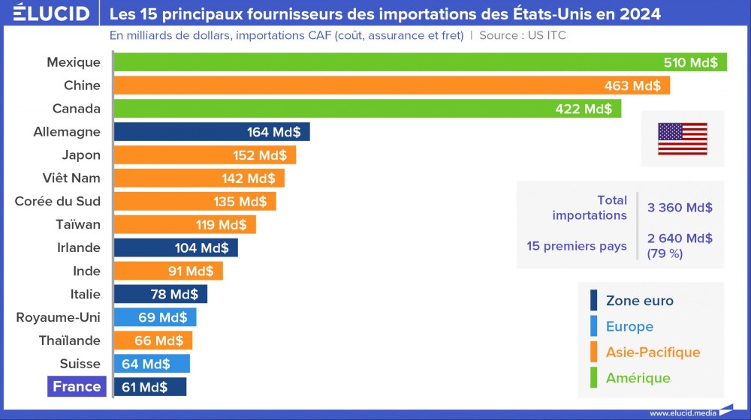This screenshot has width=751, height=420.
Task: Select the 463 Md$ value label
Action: (632, 85)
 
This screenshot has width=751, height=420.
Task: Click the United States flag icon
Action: (682, 139)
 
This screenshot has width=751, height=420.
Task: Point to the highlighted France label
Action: (77, 387)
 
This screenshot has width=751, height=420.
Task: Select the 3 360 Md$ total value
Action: (680, 208)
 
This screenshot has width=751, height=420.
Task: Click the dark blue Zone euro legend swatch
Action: (593, 301)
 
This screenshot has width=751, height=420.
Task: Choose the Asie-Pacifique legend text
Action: (653, 352)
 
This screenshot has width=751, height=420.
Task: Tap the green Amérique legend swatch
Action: (593, 377)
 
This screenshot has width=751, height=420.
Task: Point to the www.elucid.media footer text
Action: (681, 412)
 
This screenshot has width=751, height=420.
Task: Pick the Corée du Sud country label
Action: (58, 201)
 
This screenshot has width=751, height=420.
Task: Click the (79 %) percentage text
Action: (665, 253)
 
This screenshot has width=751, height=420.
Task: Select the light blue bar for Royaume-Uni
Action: (155, 317)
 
